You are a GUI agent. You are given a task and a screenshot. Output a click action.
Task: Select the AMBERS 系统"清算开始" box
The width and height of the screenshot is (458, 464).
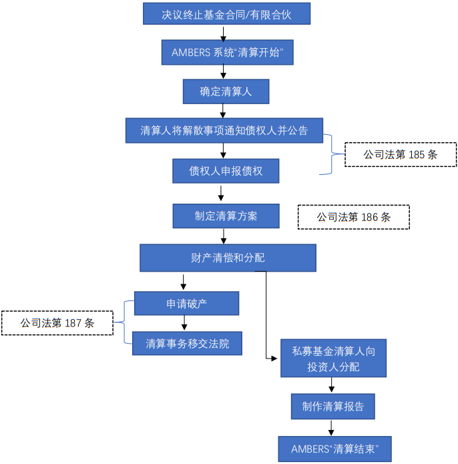tap(228, 52)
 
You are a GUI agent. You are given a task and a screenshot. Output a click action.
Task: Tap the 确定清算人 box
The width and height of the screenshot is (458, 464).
tap(226, 91)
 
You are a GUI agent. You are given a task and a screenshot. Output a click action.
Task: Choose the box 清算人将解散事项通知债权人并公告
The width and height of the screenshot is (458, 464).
tap(224, 130)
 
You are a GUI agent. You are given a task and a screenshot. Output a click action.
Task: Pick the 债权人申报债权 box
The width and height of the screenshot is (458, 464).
tap(226, 171)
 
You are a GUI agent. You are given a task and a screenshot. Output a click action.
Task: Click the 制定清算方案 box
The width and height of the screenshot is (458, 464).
tap(226, 216)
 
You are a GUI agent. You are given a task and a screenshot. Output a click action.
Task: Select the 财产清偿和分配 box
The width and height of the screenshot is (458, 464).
tap(228, 258)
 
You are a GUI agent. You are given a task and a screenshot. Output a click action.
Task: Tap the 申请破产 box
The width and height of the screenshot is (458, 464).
tap(186, 304)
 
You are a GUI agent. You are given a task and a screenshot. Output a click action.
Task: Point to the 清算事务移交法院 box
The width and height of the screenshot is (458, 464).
tap(187, 343)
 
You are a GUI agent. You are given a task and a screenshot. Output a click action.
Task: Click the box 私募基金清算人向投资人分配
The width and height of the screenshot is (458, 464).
tap(333, 358)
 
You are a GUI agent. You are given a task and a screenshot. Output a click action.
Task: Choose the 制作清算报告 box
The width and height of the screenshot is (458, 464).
tap(332, 406)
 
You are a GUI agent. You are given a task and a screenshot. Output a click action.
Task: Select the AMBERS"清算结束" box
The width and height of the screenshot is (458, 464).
tap(334, 449)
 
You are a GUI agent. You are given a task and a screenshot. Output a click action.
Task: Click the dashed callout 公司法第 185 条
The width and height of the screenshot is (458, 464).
tap(400, 154)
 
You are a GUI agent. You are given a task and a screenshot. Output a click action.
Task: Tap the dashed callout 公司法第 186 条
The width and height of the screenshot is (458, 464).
tap(353, 217)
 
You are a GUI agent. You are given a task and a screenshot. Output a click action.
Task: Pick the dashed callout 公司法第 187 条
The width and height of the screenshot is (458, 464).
tap(57, 322)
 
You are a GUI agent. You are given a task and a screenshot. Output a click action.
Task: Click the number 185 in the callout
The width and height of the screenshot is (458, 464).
tap(416, 154)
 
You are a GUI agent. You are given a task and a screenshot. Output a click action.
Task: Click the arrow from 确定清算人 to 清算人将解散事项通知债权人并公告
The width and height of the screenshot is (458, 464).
tap(224, 111)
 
